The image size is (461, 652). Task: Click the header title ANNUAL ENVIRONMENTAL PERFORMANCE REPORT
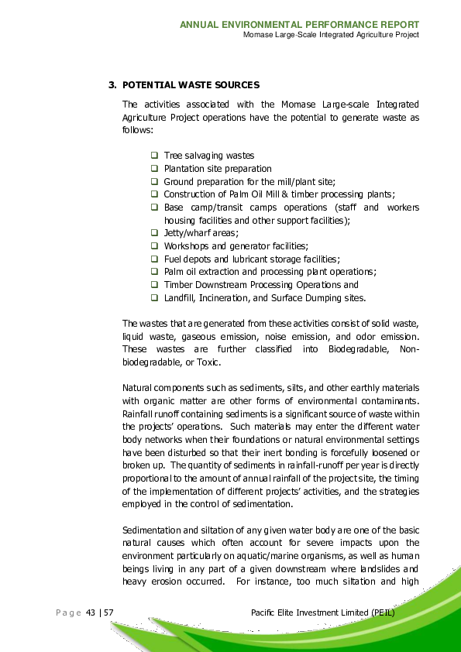click(299, 25)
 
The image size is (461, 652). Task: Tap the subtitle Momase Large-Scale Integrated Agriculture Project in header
click(331, 36)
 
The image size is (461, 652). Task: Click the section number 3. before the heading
click(112, 84)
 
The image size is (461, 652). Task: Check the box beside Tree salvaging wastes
click(154, 156)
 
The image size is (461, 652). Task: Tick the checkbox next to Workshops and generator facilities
click(154, 245)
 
